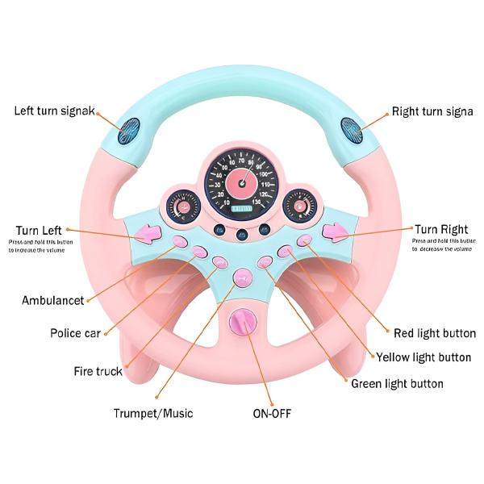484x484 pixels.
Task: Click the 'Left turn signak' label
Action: (54, 110)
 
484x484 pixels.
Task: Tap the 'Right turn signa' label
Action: (432, 111)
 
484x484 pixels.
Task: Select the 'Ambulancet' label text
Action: (52, 301)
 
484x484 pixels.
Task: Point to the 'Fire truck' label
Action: (98, 371)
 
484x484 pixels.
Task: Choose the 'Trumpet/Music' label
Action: (153, 413)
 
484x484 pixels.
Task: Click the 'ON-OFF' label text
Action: (272, 413)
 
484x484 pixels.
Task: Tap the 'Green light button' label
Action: (397, 383)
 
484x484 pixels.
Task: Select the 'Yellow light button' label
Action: (423, 357)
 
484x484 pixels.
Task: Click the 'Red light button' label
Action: (435, 332)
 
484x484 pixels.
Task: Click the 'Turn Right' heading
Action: (441, 230)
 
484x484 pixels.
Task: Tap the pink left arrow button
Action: (148, 235)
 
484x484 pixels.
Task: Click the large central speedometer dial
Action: (240, 179)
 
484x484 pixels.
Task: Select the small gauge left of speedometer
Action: (183, 207)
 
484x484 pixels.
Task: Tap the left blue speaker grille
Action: (129, 130)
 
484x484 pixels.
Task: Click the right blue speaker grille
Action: (350, 130)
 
